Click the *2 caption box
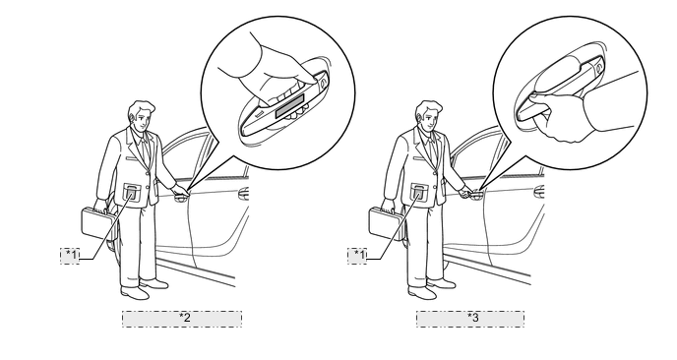(182, 319)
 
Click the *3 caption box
(470, 319)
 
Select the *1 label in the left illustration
(70, 256)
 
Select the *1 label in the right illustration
(357, 256)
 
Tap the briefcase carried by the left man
(98, 223)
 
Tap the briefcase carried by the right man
(386, 223)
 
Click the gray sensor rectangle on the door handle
(291, 110)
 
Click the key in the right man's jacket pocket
(419, 193)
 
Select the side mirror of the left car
(244, 194)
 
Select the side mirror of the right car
(539, 192)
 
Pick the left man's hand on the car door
(180, 190)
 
